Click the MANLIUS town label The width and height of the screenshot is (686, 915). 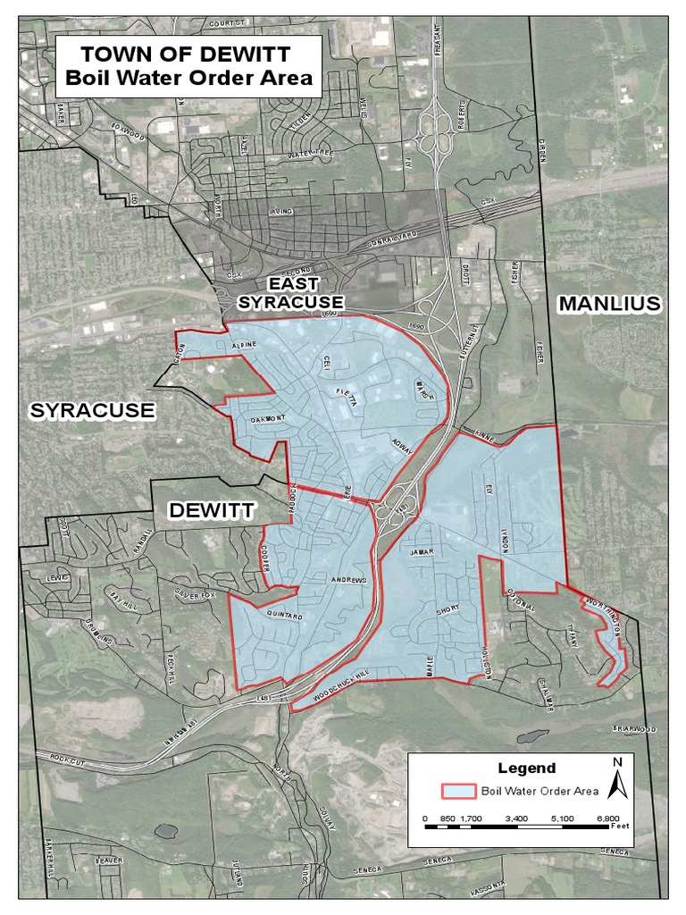(x=609, y=304)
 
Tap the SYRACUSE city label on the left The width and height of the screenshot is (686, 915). (x=92, y=411)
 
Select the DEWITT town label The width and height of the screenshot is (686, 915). (x=213, y=511)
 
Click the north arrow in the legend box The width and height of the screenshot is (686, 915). (x=617, y=779)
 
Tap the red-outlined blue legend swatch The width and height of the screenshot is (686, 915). (x=458, y=791)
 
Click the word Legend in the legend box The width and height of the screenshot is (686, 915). (x=526, y=768)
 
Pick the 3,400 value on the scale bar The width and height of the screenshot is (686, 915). (x=516, y=818)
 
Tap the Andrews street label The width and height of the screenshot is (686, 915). (x=348, y=582)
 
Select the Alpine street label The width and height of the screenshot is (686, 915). (x=243, y=344)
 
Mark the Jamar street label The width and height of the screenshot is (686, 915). (x=421, y=552)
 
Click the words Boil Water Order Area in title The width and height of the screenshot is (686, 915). (x=188, y=78)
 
